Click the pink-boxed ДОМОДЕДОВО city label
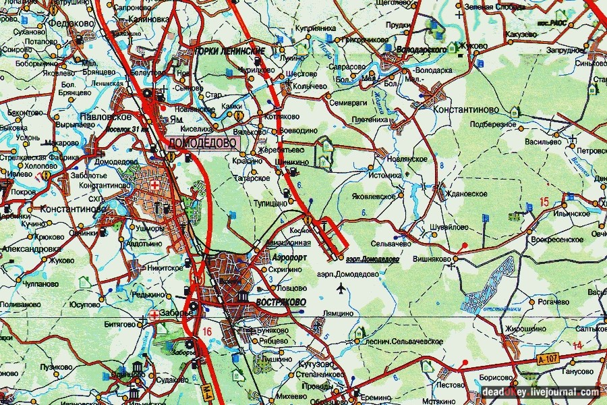[202, 143]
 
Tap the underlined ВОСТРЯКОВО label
[281, 302]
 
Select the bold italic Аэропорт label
[291, 258]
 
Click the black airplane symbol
[340, 290]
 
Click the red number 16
[206, 331]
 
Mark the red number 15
[545, 202]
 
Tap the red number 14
[577, 346]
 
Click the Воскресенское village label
[556, 240]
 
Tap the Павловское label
[100, 116]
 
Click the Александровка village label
[30, 248]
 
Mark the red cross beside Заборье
[154, 314]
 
